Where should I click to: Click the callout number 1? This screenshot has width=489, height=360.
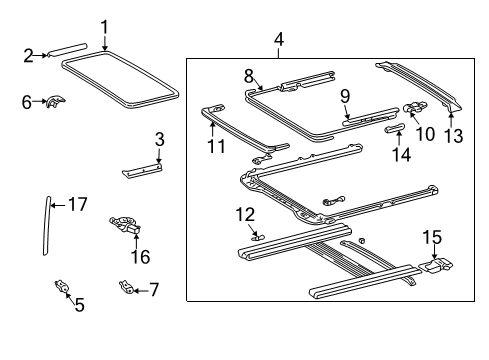point(103,26)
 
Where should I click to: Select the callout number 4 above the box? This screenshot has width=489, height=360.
point(279,40)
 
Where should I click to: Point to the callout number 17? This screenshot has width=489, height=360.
point(78,204)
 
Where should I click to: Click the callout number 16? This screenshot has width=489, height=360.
point(140,257)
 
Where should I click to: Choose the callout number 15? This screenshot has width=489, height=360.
point(431,237)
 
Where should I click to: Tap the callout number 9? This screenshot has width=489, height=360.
point(344,96)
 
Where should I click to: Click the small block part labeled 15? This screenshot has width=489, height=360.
point(436,266)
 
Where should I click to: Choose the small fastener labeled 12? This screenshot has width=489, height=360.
point(256,238)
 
